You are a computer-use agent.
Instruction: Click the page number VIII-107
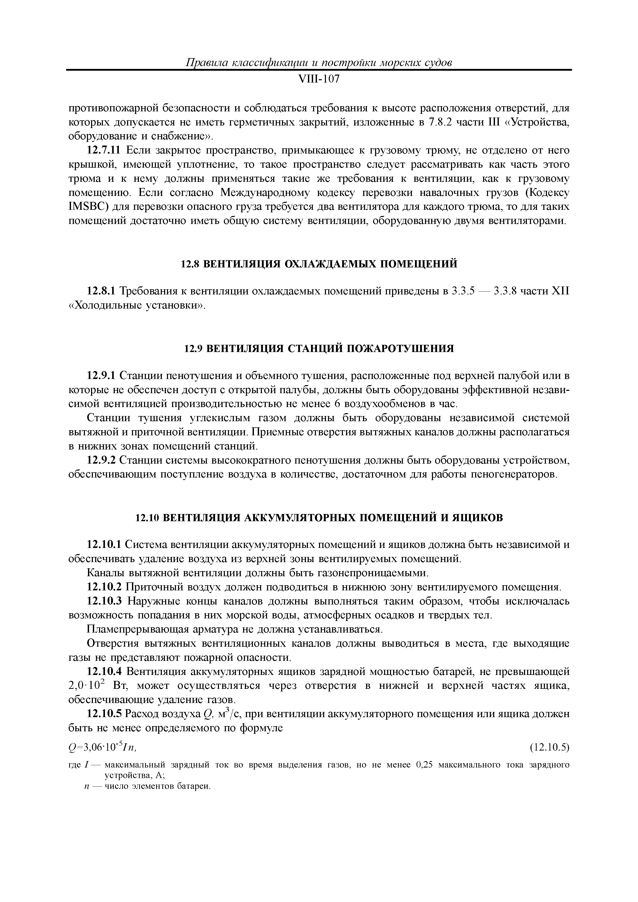319,80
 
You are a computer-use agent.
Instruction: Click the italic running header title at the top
319,62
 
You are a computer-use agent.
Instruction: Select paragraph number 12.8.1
101,291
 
